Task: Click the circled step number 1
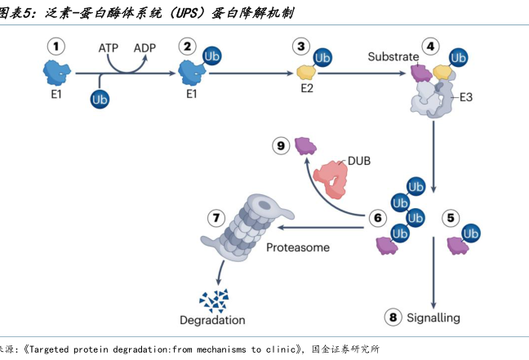point(56,47)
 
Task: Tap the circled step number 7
point(216,218)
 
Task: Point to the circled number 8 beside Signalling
point(393,318)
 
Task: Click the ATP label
point(109,48)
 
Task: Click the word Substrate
point(393,57)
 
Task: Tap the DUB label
point(358,161)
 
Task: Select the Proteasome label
point(298,247)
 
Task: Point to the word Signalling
point(433,318)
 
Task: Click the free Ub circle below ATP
point(101,99)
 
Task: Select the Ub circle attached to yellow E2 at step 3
point(322,58)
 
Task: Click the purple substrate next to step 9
point(305,145)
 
